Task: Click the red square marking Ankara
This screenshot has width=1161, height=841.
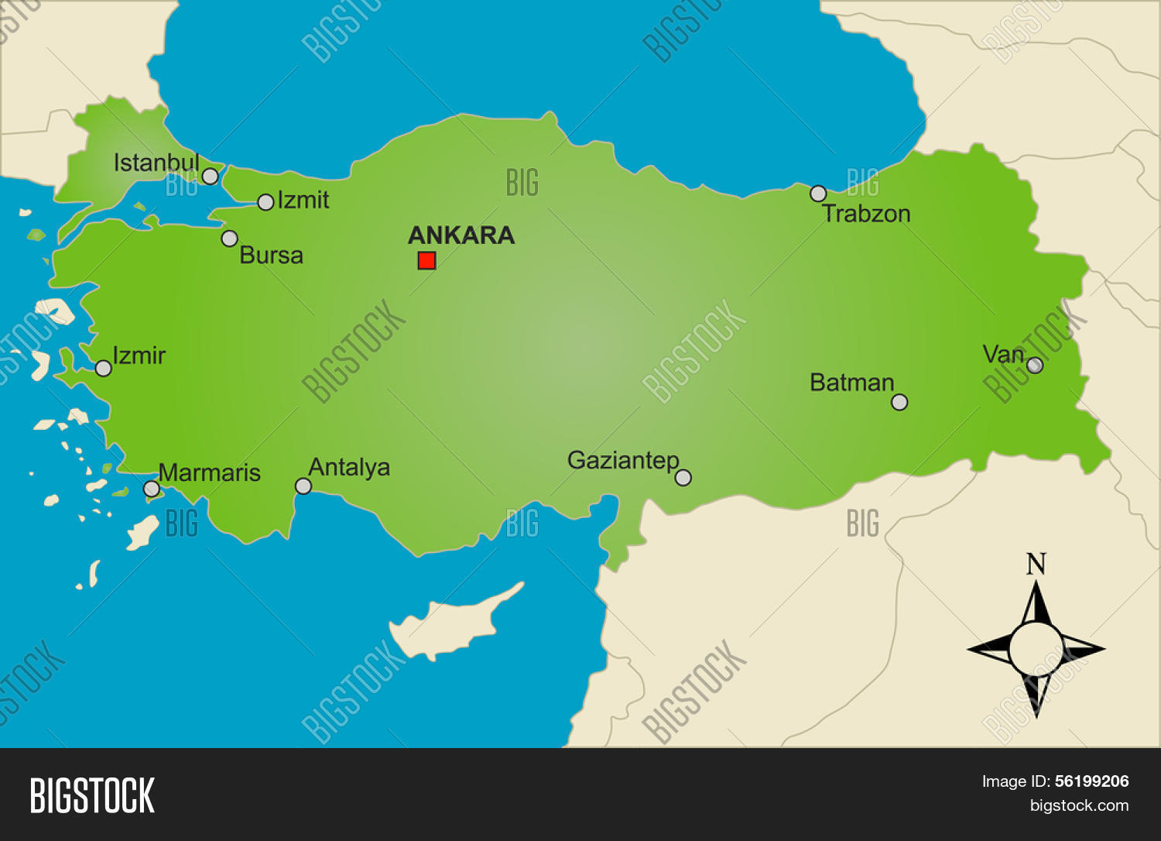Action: click(x=426, y=260)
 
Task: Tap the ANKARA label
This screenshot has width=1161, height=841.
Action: click(x=461, y=235)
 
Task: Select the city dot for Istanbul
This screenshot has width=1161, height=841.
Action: click(x=210, y=177)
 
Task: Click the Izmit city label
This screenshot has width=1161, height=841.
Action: click(x=303, y=201)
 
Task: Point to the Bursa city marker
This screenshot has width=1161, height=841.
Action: click(x=229, y=239)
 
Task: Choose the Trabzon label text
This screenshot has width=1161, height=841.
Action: click(x=866, y=214)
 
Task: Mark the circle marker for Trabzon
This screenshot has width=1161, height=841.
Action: click(x=818, y=194)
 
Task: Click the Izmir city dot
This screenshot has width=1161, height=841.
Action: click(x=103, y=368)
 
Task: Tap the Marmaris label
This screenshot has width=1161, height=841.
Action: click(x=210, y=472)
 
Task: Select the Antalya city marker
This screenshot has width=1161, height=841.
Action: click(x=303, y=486)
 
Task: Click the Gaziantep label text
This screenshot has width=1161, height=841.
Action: click(x=623, y=461)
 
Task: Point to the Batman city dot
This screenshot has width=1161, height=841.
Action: click(x=899, y=402)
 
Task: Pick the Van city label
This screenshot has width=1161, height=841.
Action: click(x=1003, y=355)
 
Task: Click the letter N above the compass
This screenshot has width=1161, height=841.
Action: click(x=1036, y=565)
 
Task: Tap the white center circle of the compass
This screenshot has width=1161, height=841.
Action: click(x=1036, y=649)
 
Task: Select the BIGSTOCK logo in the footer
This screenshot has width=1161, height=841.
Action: click(x=92, y=795)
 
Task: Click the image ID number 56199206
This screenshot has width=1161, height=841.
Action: click(x=1091, y=781)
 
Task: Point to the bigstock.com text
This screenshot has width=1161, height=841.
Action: click(x=1079, y=805)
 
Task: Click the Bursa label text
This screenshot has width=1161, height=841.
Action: click(x=271, y=256)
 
